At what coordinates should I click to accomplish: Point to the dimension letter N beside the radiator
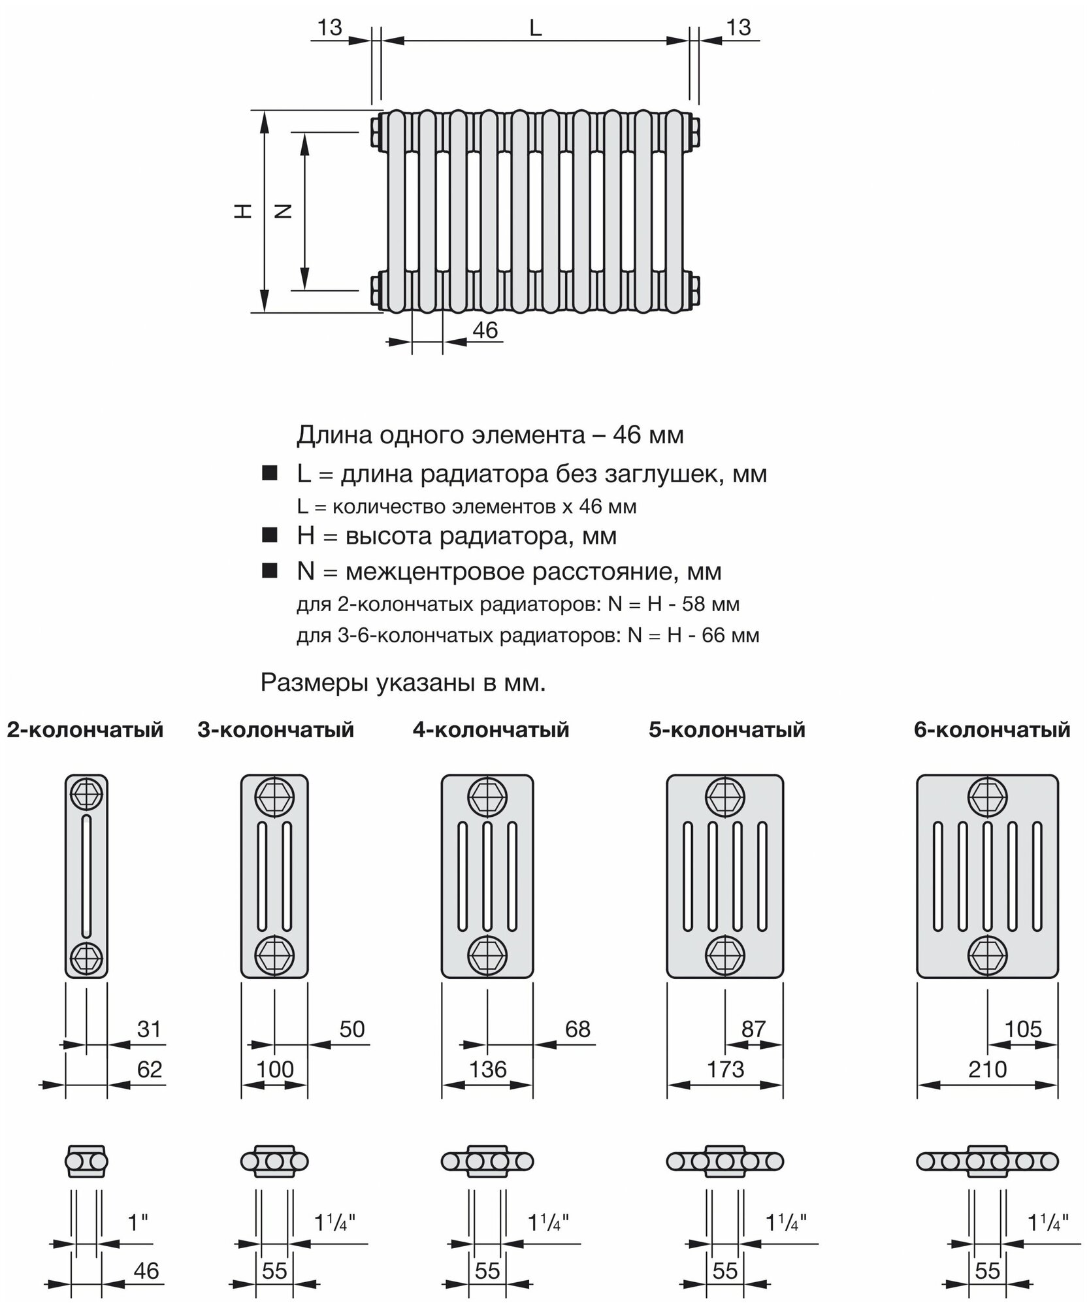[283, 210]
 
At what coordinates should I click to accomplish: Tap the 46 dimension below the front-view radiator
[485, 330]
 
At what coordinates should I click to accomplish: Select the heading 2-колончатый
[85, 729]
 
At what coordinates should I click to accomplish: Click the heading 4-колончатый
[491, 729]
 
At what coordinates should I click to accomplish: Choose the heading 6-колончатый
[992, 729]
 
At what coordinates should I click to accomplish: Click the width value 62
[149, 1070]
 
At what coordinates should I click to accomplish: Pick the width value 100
[274, 1070]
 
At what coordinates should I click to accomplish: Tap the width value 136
[487, 1070]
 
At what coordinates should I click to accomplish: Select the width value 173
[725, 1070]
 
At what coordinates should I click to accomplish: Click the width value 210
[987, 1070]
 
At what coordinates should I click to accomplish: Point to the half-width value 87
[753, 1029]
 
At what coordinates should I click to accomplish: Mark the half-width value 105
[1023, 1029]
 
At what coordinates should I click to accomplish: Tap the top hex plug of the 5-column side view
[724, 796]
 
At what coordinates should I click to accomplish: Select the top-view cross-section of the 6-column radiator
[987, 1161]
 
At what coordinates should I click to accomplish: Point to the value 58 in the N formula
[692, 604]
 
